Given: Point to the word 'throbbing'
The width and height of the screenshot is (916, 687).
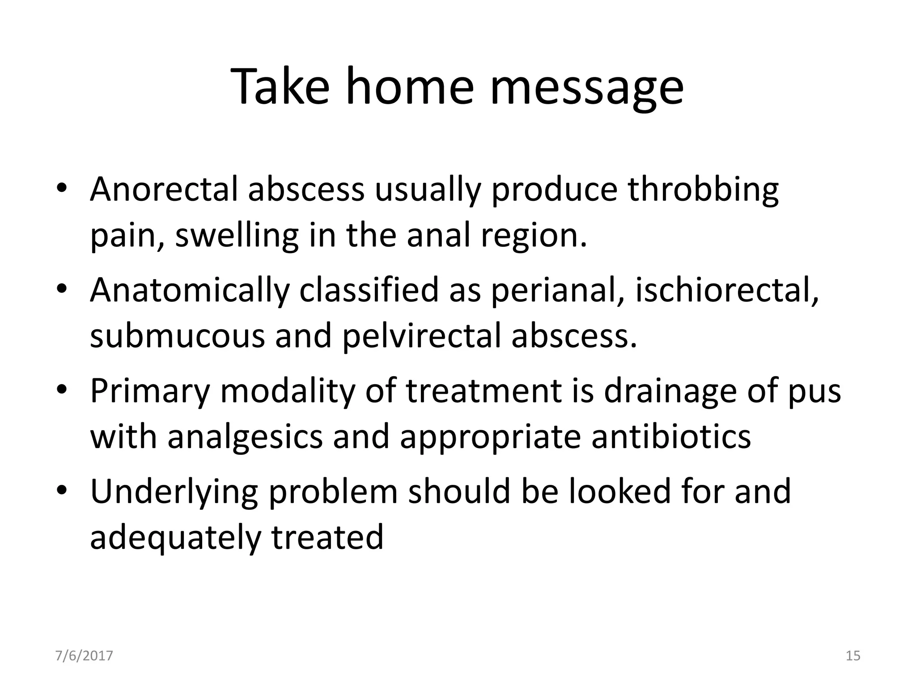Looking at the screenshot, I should pos(703,189).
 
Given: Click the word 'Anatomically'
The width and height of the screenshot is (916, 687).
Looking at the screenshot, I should pos(190,290).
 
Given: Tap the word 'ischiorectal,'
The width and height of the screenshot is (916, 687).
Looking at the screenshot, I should pos(727,290).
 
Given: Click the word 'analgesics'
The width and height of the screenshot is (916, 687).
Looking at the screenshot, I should pos(245,437).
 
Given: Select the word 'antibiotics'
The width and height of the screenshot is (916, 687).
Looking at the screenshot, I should pos(671,437).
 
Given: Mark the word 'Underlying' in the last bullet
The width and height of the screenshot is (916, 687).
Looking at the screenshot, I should pos(174,491).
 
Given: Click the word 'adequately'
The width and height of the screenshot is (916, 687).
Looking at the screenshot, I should pos(175,538).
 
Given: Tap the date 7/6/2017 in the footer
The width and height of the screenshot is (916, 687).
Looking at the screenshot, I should pos(84,656).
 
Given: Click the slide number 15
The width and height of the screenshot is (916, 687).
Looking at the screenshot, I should pos(853,656).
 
